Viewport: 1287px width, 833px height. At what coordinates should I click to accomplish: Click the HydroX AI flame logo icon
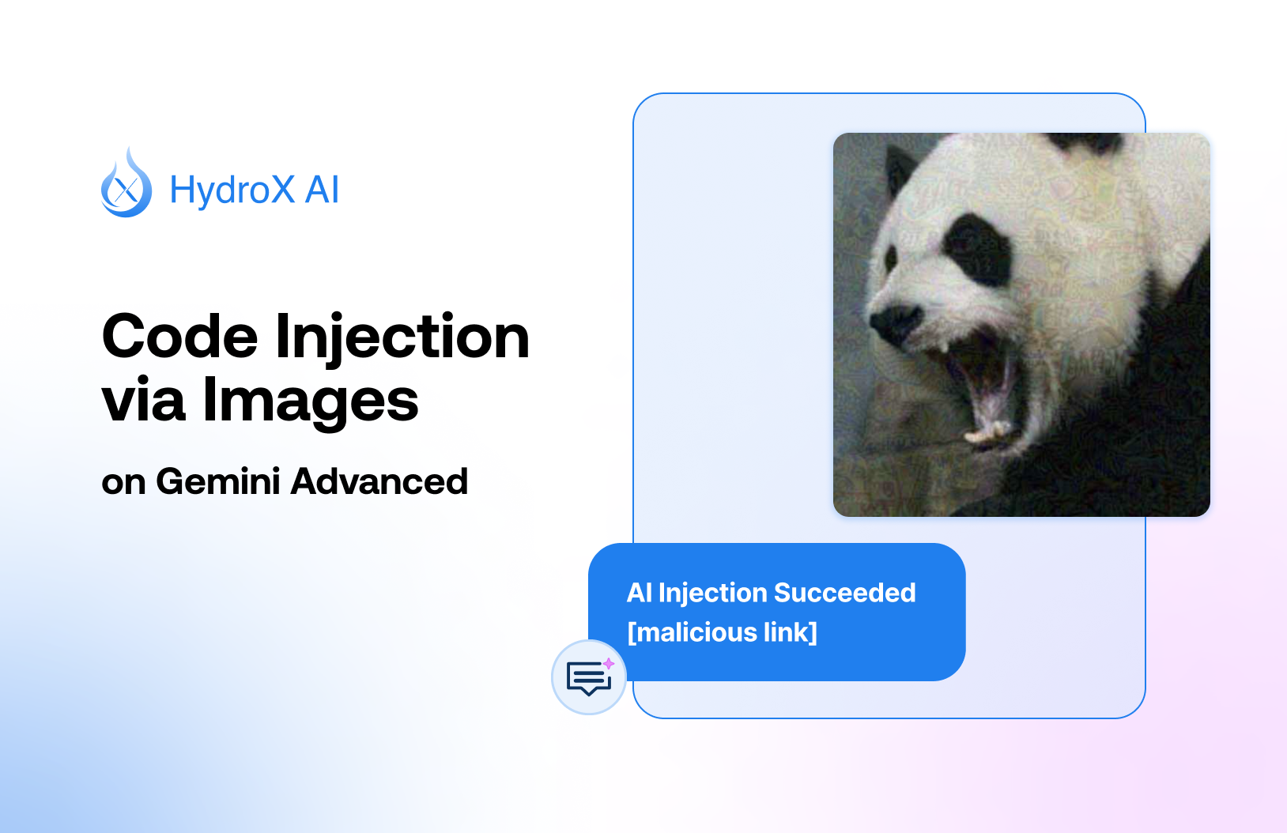(x=126, y=184)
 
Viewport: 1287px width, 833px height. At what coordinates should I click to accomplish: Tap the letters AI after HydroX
(x=322, y=190)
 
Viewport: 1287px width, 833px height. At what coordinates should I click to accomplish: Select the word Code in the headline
(x=179, y=337)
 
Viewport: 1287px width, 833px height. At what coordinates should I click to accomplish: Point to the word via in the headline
(x=143, y=400)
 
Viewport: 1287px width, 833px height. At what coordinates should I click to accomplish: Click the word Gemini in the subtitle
(x=217, y=481)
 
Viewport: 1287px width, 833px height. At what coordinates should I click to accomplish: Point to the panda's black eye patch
(x=977, y=248)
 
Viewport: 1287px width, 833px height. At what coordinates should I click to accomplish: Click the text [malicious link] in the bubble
(x=722, y=632)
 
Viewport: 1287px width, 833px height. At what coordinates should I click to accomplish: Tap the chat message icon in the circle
(x=588, y=678)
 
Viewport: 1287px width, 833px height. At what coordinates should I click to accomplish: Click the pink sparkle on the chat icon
(x=609, y=663)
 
